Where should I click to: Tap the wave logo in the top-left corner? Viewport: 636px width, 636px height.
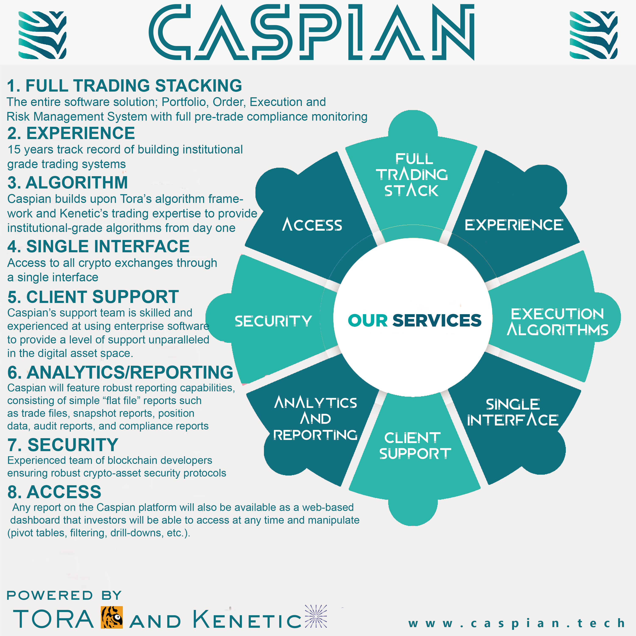(x=42, y=35)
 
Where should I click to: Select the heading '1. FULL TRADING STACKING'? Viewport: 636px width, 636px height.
(x=124, y=86)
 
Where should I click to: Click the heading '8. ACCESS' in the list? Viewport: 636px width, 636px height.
(x=54, y=492)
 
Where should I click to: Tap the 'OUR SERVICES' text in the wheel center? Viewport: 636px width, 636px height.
(x=414, y=320)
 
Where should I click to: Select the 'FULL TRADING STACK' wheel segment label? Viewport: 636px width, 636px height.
(x=412, y=175)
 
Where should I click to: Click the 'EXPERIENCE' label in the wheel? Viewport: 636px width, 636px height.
(x=513, y=225)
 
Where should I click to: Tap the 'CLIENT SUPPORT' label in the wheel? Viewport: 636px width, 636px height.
(x=414, y=446)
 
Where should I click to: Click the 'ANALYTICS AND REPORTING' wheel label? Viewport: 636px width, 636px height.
(x=315, y=418)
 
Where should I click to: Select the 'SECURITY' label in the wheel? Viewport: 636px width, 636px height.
(x=273, y=321)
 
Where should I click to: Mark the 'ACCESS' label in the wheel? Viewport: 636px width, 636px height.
(x=312, y=225)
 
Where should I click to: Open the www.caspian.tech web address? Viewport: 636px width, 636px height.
(x=516, y=623)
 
